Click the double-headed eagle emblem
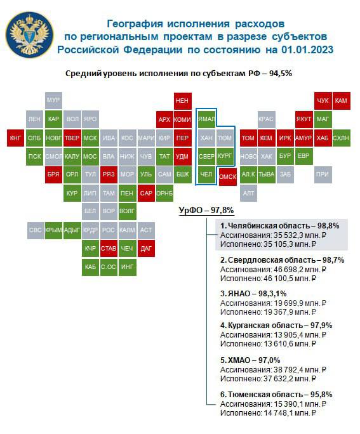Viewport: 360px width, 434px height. pos(29,35)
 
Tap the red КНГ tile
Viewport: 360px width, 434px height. pos(15,138)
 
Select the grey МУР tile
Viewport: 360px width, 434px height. pos(53,100)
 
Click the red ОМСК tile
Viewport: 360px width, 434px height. pos(228,176)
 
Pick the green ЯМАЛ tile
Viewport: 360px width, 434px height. pos(206,119)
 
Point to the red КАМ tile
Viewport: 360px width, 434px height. pos(342,101)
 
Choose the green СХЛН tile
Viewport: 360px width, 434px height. pos(342,138)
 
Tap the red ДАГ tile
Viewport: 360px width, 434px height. pos(146,248)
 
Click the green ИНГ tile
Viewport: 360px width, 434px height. pos(128,267)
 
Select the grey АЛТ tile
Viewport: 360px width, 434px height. pos(248,193)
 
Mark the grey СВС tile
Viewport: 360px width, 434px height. pos(36,230)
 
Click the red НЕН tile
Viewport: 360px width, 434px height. pos(183,101)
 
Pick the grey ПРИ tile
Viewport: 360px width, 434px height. pos(323,174)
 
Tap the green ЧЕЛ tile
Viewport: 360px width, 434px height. pos(206,175)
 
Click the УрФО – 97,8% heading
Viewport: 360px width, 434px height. pos(206,211)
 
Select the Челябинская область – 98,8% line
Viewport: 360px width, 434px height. pos(280,226)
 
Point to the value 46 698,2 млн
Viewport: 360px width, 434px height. pos(297,269)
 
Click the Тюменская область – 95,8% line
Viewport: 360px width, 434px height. pos(276,395)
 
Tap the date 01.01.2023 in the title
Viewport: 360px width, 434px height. pos(307,50)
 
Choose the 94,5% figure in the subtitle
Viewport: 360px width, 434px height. pos(281,74)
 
